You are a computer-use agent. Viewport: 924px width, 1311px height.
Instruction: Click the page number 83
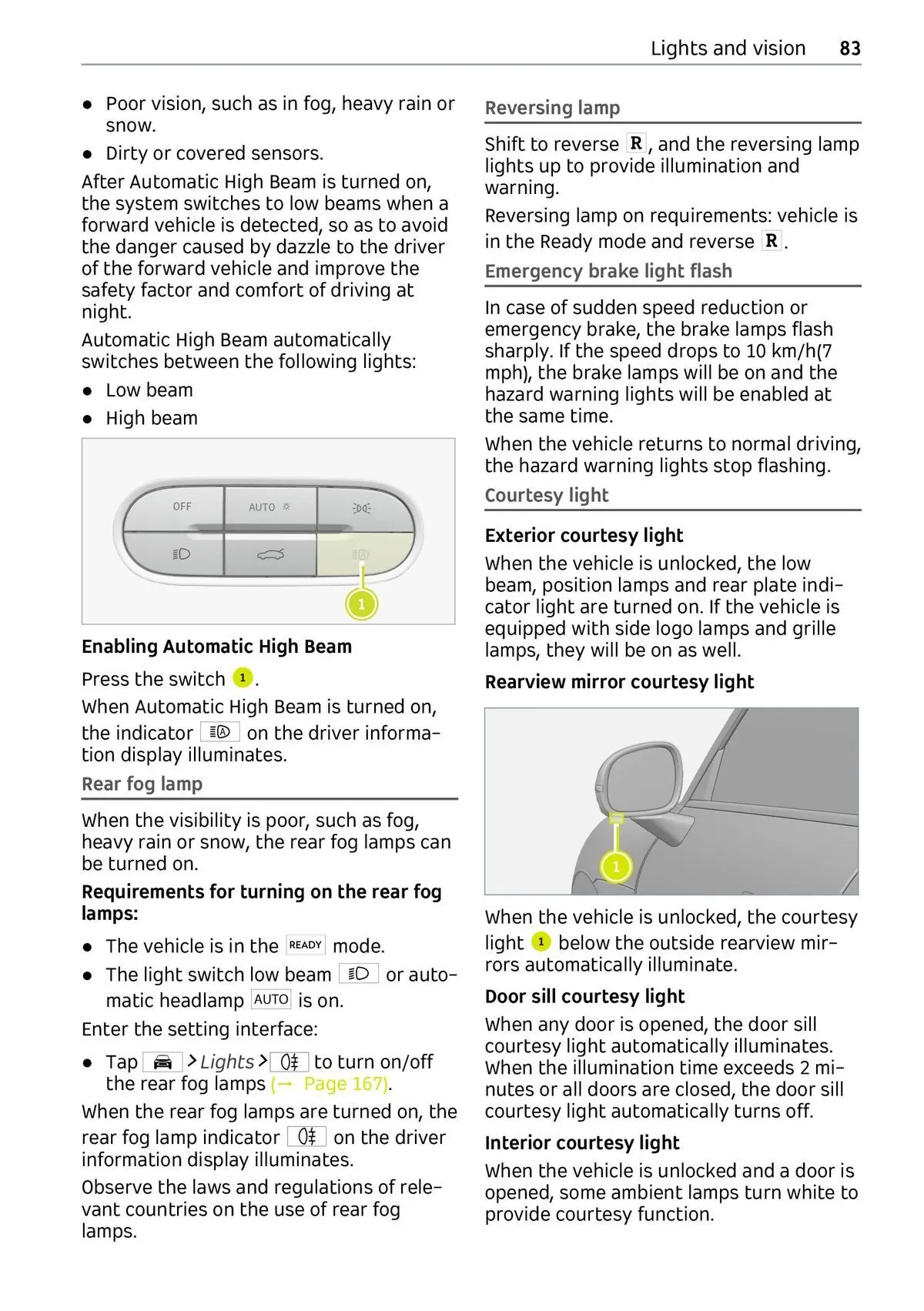click(x=849, y=48)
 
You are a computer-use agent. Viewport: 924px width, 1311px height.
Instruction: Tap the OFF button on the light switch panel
click(x=182, y=507)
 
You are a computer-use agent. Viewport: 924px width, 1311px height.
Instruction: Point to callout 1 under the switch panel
click(x=361, y=604)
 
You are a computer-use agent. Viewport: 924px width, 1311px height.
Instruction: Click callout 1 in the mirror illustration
click(x=616, y=867)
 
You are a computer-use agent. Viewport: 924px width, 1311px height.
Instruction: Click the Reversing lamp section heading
click(x=552, y=109)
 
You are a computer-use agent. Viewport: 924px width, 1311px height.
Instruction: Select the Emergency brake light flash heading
click(x=608, y=272)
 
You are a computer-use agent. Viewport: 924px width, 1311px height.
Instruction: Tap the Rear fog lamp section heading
click(x=142, y=784)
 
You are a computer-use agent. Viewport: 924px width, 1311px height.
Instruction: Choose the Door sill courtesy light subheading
click(x=584, y=997)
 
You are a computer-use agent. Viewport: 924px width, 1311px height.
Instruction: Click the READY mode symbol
click(x=306, y=945)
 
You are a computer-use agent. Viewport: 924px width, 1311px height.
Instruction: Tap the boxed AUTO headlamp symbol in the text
click(x=271, y=1000)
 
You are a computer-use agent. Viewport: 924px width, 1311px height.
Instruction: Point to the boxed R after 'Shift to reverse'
click(x=636, y=144)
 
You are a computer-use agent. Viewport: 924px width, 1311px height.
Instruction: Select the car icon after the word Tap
click(x=162, y=1062)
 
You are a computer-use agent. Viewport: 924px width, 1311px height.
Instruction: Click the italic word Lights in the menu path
click(x=226, y=1062)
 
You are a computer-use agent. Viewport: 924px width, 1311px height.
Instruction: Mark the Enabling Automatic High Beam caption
click(x=216, y=647)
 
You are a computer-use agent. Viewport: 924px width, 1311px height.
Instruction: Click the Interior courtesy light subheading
click(x=582, y=1143)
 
